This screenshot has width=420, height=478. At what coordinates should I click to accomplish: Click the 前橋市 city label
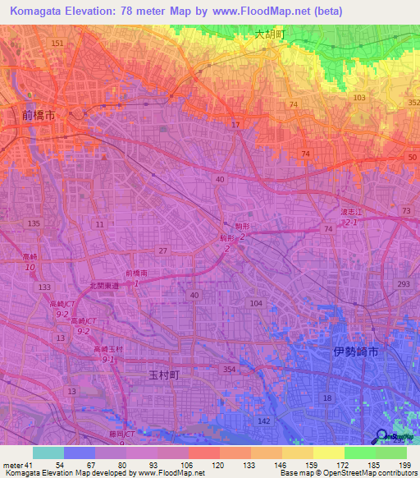pos(39,116)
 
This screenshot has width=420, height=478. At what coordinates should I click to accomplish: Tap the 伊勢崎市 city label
pos(356,351)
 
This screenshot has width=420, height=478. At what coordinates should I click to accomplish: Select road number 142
pos(264,420)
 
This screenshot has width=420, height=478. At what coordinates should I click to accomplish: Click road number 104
pos(256,303)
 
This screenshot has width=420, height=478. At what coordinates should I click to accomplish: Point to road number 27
pos(163,250)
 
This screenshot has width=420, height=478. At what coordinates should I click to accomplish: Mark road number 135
pos(34,223)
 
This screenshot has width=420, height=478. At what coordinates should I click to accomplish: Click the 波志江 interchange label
pos(351,211)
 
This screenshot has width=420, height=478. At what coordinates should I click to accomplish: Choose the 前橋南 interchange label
pos(137,273)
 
